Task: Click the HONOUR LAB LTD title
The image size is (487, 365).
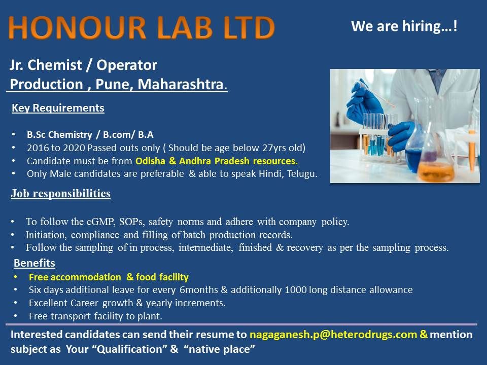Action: point(142,28)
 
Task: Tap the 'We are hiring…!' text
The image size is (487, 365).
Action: point(404,26)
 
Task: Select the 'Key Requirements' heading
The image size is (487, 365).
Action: point(58,108)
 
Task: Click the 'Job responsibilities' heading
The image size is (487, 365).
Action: point(60,194)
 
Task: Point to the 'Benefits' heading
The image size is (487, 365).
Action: point(34,263)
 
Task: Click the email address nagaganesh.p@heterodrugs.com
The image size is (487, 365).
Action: point(333,335)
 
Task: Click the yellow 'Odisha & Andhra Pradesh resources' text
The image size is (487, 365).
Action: point(217,162)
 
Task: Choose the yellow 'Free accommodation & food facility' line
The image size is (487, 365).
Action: point(109,277)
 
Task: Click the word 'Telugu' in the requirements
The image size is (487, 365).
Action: point(302,174)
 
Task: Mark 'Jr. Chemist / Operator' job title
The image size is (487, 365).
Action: point(84,65)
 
